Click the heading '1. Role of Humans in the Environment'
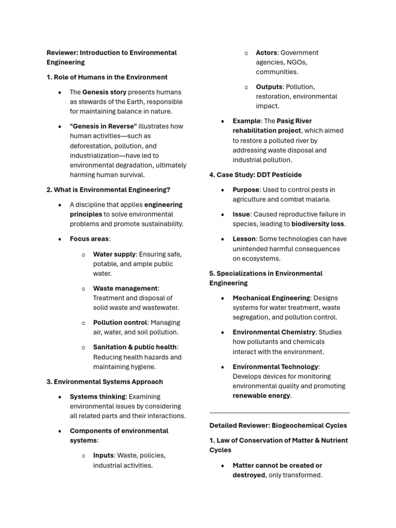coord(107,77)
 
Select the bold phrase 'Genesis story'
coord(104,92)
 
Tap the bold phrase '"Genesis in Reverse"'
coord(103,126)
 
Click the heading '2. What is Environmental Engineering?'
coord(108,190)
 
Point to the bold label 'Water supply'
coord(114,254)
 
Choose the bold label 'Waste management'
coord(125,288)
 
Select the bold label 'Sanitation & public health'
coord(135,347)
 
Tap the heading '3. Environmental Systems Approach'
coord(105,382)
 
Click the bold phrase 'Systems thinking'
coord(97,397)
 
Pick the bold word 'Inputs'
coord(103,455)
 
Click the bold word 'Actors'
coord(267,53)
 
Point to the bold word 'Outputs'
coord(269,87)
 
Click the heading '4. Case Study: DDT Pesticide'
coord(256,175)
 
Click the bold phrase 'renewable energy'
coord(261,395)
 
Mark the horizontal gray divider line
coord(279,413)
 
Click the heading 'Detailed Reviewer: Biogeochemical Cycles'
coord(278,425)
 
